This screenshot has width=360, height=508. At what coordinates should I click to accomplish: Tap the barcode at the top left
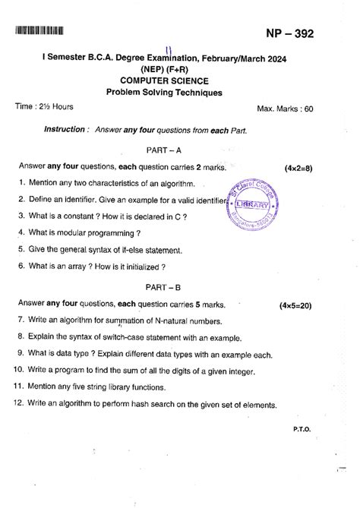click(x=38, y=32)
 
